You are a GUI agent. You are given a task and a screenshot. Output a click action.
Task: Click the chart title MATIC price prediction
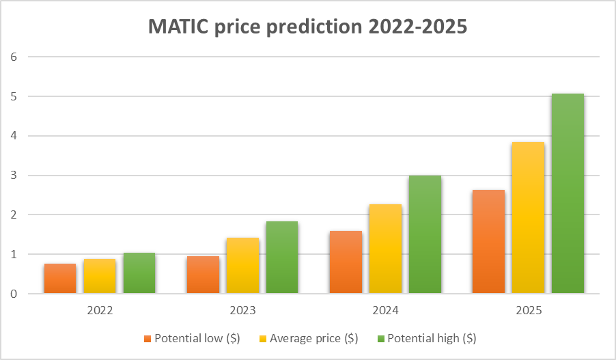(308, 28)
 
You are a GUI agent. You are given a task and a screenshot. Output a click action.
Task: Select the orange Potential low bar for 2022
(60, 279)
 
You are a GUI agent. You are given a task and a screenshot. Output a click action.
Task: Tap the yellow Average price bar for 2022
(100, 277)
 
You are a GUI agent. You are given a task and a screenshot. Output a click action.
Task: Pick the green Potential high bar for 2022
(139, 273)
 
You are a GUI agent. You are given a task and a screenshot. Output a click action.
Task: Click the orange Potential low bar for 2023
(203, 275)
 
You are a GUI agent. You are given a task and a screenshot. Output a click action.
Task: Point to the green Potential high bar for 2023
(282, 258)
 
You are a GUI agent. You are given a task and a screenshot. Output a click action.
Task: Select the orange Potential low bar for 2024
(346, 262)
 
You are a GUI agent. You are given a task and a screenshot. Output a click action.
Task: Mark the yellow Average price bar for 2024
(385, 249)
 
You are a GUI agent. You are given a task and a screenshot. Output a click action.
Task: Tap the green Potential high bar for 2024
(425, 235)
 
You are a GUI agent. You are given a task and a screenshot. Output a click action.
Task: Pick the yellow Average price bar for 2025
(528, 218)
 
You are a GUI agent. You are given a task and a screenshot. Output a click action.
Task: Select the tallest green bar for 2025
(568, 194)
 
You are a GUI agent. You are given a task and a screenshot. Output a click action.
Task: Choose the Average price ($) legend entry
(308, 338)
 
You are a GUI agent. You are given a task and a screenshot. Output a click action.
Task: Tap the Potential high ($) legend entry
(427, 338)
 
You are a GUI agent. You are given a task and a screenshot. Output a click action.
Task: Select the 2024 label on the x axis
(385, 311)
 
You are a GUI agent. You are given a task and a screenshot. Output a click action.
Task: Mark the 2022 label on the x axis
(100, 311)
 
